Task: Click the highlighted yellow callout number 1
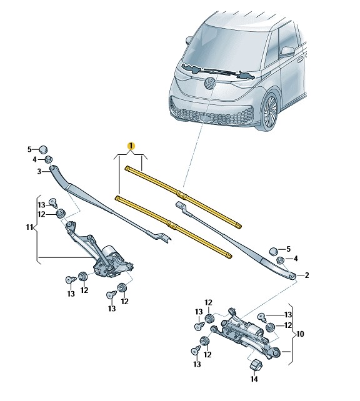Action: pos(131,146)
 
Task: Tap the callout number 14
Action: pos(254,379)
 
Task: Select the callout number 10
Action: pos(300,334)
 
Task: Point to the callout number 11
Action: pos(29,227)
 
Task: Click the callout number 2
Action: pos(306,275)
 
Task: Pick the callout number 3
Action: pos(39,171)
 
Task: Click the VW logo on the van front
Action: pos(209,83)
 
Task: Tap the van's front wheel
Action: pos(270,112)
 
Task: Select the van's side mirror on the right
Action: pos(287,51)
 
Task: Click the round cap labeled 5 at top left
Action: pos(44,149)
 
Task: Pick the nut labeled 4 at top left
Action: pos(48,159)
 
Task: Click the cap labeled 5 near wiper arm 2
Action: pos(274,251)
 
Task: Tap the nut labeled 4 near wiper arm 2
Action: pos(280,260)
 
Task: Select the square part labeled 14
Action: pos(254,364)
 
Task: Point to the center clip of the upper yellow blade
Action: pos(182,196)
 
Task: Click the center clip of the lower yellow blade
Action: pos(172,225)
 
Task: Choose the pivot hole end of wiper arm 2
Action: pos(292,275)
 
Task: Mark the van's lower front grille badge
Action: pos(205,118)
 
